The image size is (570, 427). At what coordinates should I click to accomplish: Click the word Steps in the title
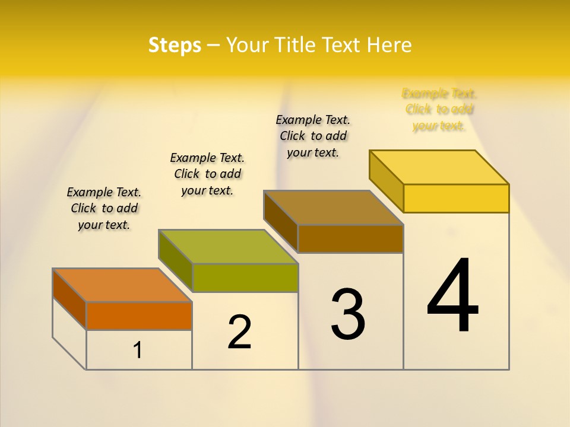[175, 45]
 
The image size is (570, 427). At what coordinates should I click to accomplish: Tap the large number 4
[452, 297]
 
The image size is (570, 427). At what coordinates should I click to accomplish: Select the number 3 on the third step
[348, 314]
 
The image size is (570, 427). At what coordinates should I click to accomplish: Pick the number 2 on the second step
[240, 332]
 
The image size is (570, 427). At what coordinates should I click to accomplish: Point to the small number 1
[138, 350]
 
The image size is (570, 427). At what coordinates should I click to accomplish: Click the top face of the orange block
[122, 285]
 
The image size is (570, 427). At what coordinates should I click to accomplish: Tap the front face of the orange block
[139, 316]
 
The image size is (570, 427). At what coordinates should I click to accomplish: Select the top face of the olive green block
[228, 247]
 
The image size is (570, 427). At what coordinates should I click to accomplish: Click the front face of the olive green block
[245, 278]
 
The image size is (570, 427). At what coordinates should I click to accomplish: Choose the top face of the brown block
[334, 208]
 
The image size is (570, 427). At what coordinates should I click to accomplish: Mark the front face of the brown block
[350, 238]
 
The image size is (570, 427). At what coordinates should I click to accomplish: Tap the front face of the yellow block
[456, 198]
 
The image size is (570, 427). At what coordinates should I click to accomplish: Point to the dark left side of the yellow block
[386, 181]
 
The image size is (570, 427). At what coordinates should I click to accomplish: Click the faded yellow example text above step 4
[439, 110]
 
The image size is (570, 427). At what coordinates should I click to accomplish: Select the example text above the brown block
[313, 136]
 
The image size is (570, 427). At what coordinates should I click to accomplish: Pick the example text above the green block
[207, 174]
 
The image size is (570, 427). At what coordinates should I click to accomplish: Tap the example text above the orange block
[104, 208]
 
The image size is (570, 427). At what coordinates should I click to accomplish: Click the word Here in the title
[389, 45]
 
